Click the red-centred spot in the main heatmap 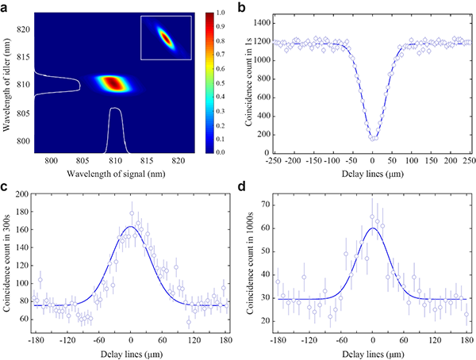[113, 82]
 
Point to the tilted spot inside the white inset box [165, 36]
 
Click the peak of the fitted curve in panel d [373, 228]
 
